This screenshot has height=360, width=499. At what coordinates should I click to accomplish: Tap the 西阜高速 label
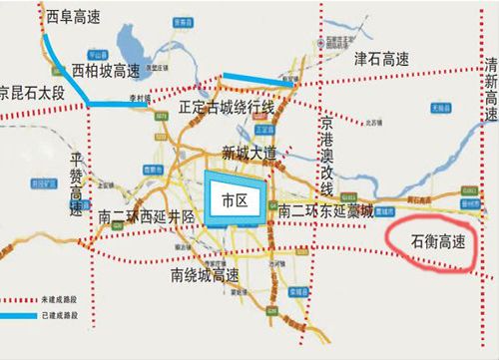[76, 17]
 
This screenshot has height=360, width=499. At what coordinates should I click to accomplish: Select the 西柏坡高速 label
[107, 71]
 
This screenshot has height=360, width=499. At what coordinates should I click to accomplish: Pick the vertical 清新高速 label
[490, 92]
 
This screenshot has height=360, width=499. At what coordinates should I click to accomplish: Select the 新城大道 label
[247, 154]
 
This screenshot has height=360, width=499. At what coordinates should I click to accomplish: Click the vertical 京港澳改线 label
[326, 156]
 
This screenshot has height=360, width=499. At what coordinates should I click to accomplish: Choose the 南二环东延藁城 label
[325, 211]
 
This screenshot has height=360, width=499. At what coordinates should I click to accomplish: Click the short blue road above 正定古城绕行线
[257, 81]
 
